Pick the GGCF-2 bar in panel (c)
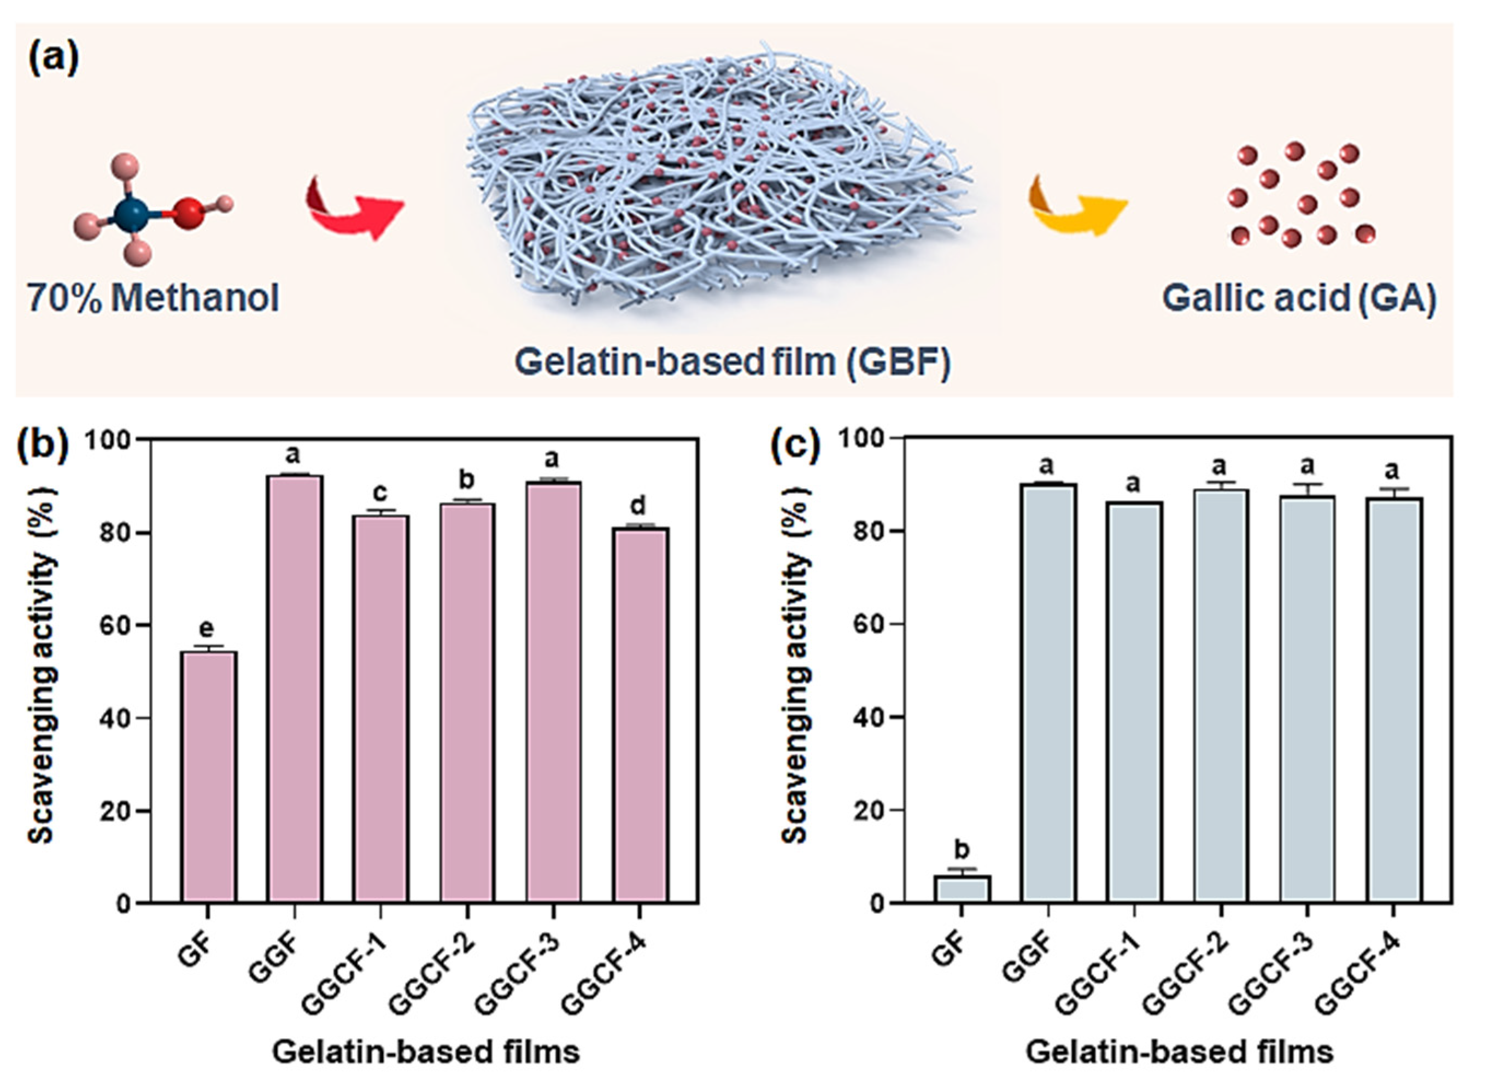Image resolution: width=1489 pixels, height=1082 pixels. click(x=1221, y=696)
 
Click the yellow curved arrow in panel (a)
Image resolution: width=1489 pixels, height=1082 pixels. click(x=1077, y=205)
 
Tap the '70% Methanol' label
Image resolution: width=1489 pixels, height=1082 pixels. click(x=153, y=298)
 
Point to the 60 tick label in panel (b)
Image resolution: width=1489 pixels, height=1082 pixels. click(x=115, y=625)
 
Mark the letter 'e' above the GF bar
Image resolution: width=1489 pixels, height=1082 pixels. click(x=207, y=629)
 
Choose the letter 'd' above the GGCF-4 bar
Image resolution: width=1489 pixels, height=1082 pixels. click(x=638, y=506)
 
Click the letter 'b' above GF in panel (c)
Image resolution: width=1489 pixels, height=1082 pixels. click(x=962, y=850)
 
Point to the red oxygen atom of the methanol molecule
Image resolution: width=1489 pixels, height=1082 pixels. click(x=189, y=214)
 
